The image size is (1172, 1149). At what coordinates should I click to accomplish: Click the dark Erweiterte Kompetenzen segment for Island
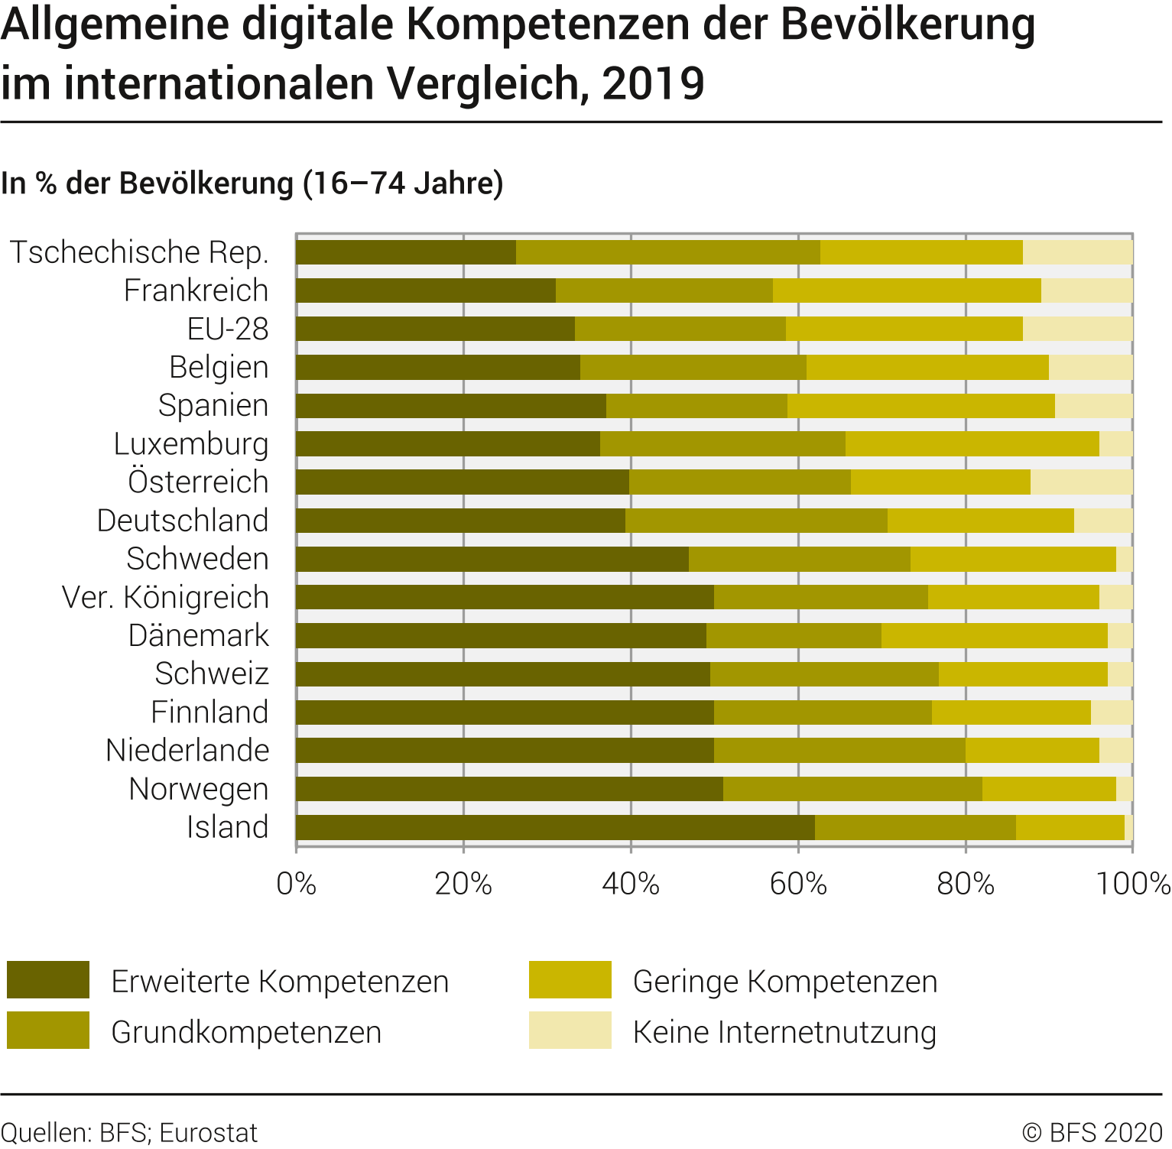coord(555,827)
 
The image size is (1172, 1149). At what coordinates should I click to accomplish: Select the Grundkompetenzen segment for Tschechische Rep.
coord(667,252)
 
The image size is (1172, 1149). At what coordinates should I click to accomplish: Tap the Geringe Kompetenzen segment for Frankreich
coord(907,290)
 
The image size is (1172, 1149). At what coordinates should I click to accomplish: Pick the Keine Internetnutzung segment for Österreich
coord(1081,482)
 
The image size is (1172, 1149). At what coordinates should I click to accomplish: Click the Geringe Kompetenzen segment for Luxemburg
coord(972,444)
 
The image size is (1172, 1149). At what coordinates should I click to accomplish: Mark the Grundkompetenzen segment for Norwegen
coord(852,789)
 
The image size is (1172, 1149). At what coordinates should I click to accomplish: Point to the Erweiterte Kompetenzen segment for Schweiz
coord(503,674)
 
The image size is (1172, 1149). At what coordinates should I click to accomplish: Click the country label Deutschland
coord(183,521)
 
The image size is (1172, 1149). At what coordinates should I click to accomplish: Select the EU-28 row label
coord(228,329)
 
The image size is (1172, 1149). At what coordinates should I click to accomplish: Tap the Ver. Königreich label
coord(165,597)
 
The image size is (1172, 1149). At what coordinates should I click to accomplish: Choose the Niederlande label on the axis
coord(187,751)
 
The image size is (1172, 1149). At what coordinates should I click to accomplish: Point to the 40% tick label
coord(631,884)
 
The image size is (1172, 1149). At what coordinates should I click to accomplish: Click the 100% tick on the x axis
coord(1133,884)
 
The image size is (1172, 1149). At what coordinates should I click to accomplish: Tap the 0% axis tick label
coord(297,884)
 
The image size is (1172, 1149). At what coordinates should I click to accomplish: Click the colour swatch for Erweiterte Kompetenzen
coord(48,980)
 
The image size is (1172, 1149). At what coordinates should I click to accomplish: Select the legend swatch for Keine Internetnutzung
coord(570,1031)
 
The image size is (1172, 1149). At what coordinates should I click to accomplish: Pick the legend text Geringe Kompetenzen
coord(784,982)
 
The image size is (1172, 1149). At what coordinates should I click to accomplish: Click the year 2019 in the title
coord(653,84)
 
